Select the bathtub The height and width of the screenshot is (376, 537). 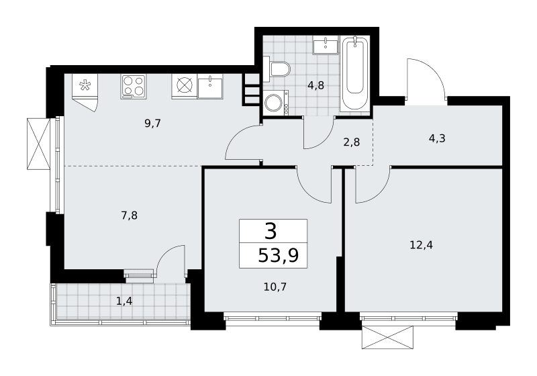tap(355, 73)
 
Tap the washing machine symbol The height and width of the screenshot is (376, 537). tap(276, 102)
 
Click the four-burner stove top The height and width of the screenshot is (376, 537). tap(133, 87)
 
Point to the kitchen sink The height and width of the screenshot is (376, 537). tap(210, 87)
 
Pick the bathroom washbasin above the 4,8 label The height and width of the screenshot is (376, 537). tap(326, 44)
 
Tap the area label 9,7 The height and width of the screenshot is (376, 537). tap(153, 124)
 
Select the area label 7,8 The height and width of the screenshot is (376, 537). tap(130, 216)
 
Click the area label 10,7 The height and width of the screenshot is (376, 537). tap(275, 287)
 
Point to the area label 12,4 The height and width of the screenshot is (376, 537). tap(422, 245)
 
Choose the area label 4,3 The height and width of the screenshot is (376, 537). tap(437, 138)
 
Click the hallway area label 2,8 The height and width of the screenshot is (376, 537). tap(351, 142)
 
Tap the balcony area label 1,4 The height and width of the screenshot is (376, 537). tap(124, 301)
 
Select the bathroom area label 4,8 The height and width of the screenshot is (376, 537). tap(315, 85)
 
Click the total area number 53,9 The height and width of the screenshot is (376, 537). tap(279, 255)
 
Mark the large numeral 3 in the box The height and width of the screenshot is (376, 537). tap(271, 231)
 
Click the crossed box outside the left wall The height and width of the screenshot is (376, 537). tap(39, 144)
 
